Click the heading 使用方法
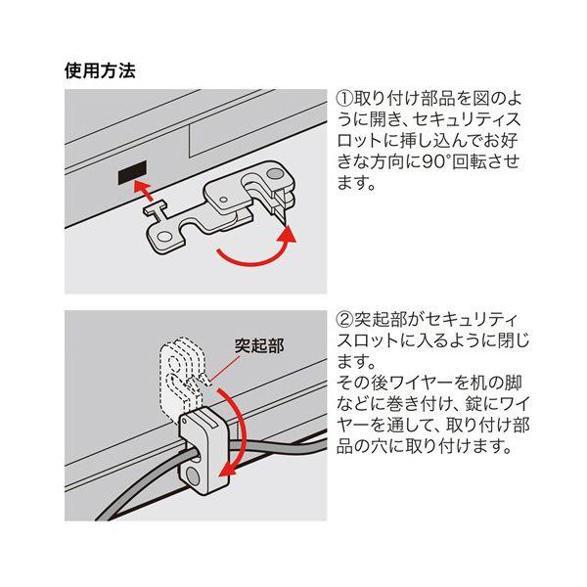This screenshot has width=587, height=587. tap(100, 70)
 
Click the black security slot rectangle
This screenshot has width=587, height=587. tap(132, 172)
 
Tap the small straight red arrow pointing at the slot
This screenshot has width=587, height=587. tap(144, 190)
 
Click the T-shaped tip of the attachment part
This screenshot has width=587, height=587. tap(156, 209)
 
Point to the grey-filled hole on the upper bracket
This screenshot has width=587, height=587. tap(276, 173)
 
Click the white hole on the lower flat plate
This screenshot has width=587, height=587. tap(163, 238)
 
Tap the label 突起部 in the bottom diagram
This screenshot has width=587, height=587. tap(259, 345)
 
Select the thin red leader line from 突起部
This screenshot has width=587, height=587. tap(225, 369)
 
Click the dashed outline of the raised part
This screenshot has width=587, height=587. tap(182, 377)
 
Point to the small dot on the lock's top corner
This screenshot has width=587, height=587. tap(184, 421)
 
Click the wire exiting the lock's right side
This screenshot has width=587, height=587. tap(277, 448)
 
